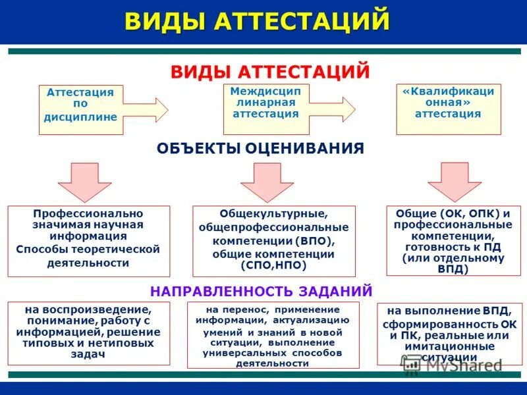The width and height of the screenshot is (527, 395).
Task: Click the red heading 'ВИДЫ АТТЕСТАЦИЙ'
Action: [x=270, y=71]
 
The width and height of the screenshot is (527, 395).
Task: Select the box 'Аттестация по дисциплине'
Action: [x=80, y=109]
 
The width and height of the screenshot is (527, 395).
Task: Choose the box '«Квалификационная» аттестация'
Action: [x=448, y=109]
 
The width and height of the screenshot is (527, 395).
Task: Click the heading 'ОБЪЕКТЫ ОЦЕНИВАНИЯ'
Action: [x=260, y=148]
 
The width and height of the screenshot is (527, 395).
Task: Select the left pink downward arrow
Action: [x=85, y=181]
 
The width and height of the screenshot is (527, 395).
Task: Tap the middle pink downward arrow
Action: [x=266, y=181]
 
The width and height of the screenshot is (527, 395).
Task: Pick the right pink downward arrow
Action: [x=455, y=181]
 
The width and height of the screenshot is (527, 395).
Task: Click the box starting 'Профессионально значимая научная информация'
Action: [x=88, y=240]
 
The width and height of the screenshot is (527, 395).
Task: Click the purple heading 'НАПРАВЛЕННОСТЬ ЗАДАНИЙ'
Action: [x=262, y=290]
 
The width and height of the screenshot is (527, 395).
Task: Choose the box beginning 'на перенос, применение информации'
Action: [x=273, y=335]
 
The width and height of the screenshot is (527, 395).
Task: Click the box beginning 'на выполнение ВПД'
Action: [x=448, y=333]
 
